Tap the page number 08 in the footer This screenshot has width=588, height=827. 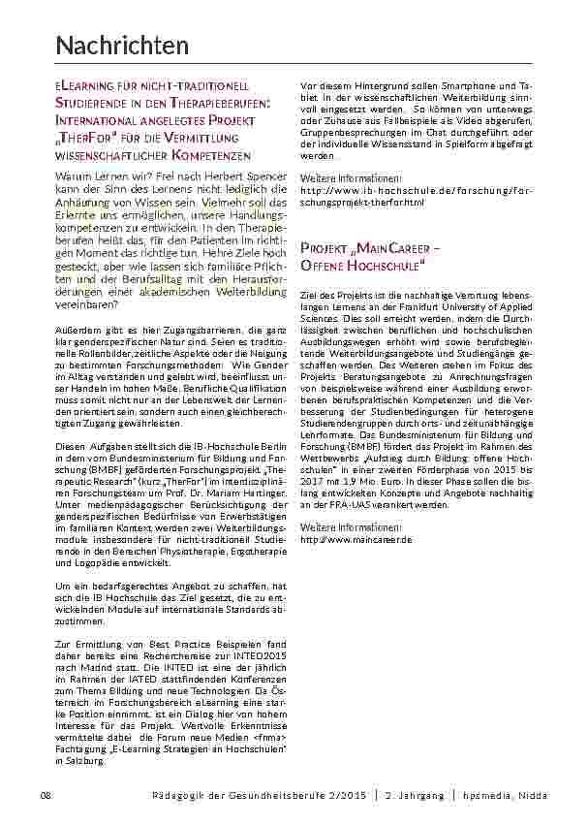(45, 795)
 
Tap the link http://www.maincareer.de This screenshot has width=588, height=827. (356, 537)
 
